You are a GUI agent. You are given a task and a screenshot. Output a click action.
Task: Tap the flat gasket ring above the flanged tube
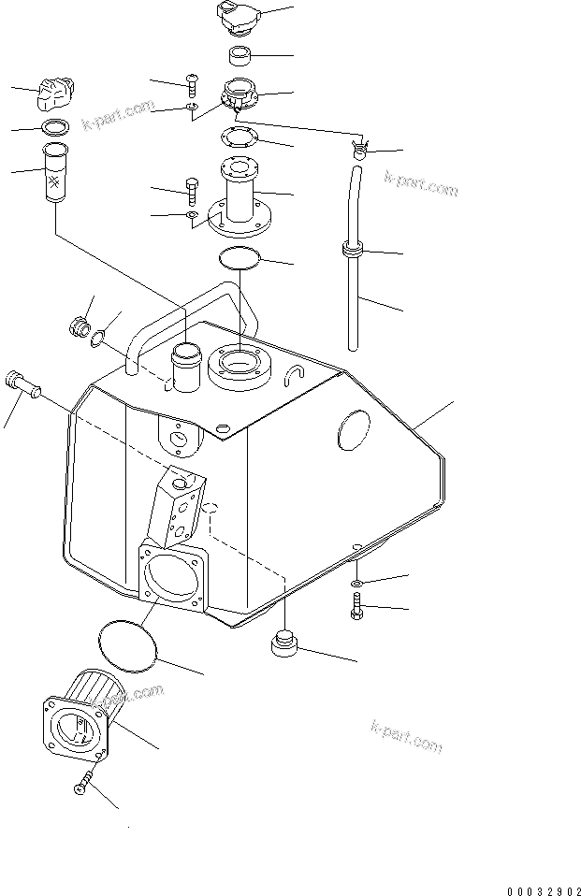pos(240,138)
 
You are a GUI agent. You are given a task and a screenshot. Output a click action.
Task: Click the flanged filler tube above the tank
pos(239,201)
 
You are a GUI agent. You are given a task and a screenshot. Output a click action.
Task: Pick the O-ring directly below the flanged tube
pos(240,257)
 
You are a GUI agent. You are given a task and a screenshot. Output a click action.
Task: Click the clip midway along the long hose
pos(352,251)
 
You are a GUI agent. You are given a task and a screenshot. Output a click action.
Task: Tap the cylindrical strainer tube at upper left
pos(55,173)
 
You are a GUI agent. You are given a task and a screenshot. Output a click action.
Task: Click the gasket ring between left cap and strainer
pos(54,128)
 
